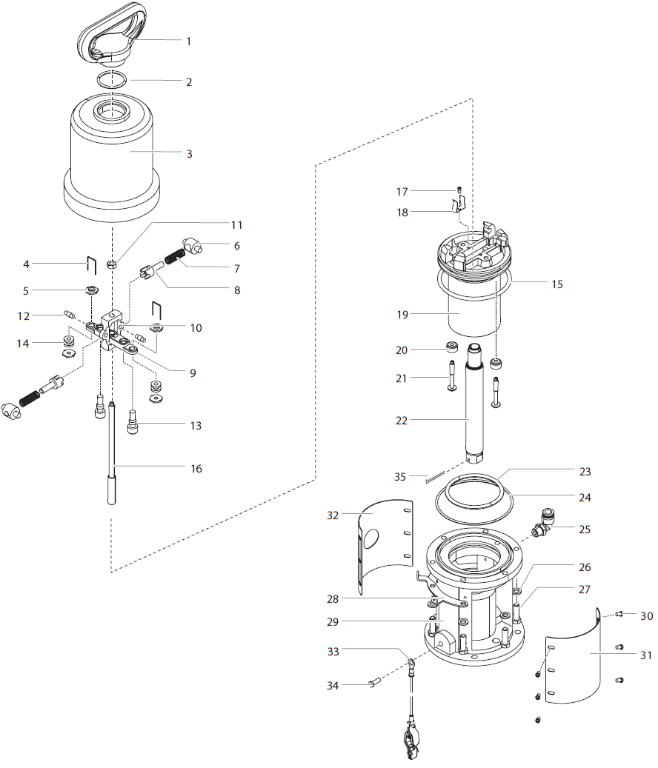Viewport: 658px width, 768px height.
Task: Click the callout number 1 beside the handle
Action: (x=188, y=41)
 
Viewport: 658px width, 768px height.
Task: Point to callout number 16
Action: (x=196, y=469)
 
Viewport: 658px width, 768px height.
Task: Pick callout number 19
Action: (x=402, y=314)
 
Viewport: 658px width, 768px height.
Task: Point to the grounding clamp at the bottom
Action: (x=410, y=741)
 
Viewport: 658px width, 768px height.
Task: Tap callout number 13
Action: (x=196, y=426)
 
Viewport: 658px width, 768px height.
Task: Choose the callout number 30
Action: (x=646, y=615)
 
